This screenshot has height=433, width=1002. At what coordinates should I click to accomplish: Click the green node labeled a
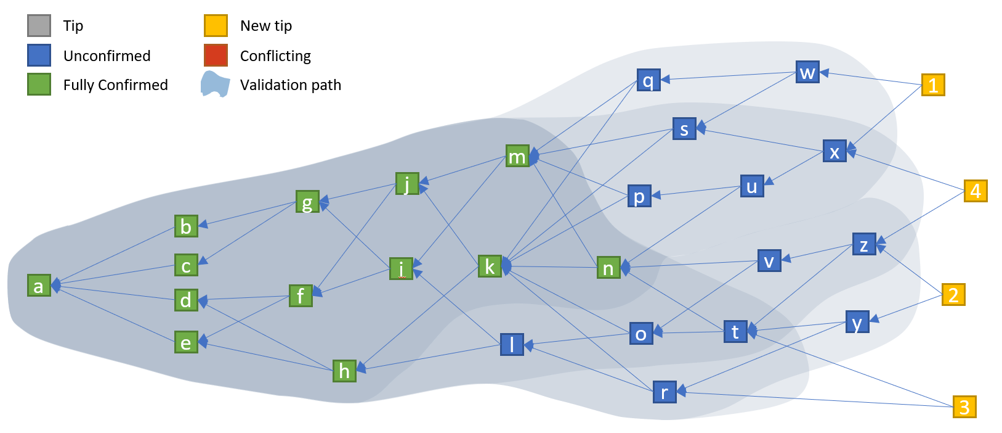pyautogui.click(x=39, y=286)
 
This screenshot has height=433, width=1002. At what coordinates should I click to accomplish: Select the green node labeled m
pyautogui.click(x=517, y=156)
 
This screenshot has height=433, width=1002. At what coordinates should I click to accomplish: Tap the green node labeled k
pyautogui.click(x=490, y=266)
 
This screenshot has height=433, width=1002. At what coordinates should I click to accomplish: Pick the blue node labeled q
pyautogui.click(x=648, y=80)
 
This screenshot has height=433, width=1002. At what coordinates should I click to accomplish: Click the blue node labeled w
pyautogui.click(x=807, y=72)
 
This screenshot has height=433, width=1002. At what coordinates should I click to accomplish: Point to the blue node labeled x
pyautogui.click(x=834, y=151)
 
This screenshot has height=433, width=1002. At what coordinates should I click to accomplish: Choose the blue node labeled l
pyautogui.click(x=512, y=344)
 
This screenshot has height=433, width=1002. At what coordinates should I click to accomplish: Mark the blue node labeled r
pyautogui.click(x=665, y=392)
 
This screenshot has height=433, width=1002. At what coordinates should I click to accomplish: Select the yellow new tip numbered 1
pyautogui.click(x=933, y=85)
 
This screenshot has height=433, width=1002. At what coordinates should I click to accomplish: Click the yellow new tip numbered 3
pyautogui.click(x=964, y=407)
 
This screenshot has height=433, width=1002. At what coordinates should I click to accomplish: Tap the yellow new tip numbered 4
pyautogui.click(x=976, y=191)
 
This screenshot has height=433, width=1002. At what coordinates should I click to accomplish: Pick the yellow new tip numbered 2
pyautogui.click(x=953, y=295)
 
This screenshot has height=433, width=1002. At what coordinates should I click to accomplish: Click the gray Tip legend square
pyautogui.click(x=39, y=26)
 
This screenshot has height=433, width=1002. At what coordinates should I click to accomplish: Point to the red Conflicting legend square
pyautogui.click(x=216, y=56)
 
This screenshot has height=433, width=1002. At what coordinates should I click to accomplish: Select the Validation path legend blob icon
pyautogui.click(x=215, y=85)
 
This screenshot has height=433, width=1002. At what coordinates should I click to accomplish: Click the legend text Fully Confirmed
pyautogui.click(x=115, y=85)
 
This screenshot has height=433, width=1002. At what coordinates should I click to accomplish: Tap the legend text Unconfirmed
pyautogui.click(x=107, y=56)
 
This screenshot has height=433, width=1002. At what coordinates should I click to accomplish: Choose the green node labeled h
pyautogui.click(x=344, y=371)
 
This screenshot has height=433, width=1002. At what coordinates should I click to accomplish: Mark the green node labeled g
pyautogui.click(x=307, y=202)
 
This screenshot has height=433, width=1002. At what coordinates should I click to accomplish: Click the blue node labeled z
pyautogui.click(x=864, y=244)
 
